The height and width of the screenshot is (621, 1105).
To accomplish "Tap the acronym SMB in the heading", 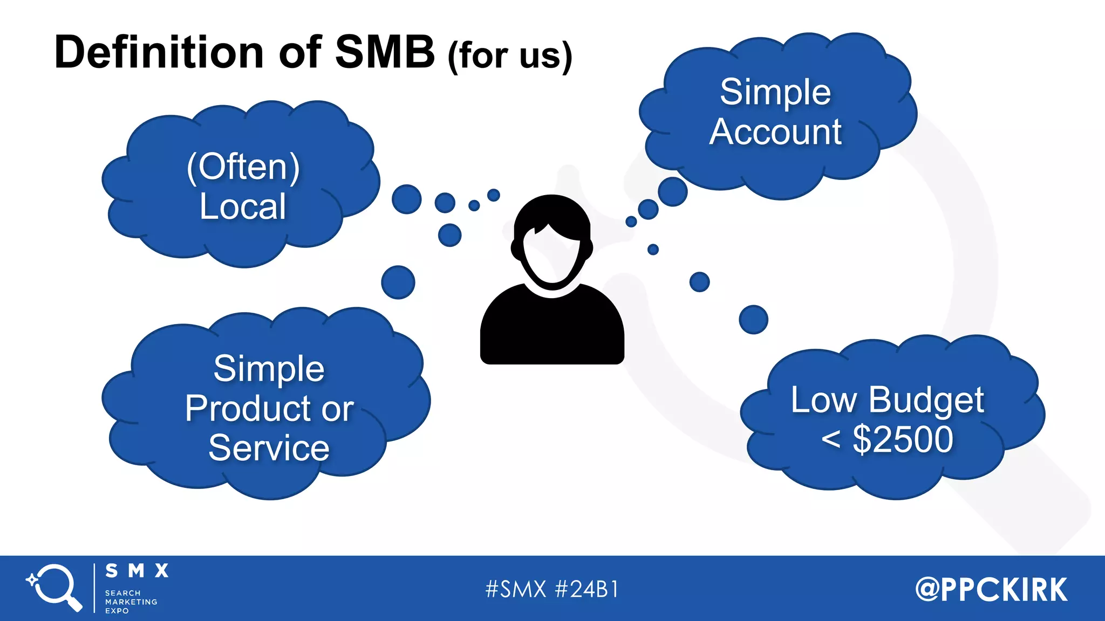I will pos(385,52).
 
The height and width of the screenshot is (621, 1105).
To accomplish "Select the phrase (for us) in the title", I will pos(510,56).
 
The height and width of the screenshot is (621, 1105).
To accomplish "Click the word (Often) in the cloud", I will pos(243,167).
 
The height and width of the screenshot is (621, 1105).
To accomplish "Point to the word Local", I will pos(243,206).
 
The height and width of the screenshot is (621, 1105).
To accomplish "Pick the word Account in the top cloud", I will pos(775,132).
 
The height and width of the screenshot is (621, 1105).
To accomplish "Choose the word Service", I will pos(269,448).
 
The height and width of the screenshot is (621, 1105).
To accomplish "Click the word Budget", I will pos(926,401).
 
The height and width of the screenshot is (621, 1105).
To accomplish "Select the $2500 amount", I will pos(903,439).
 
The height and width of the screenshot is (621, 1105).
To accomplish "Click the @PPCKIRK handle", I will pos(991,589).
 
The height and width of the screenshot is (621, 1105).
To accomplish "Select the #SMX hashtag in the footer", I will pos(516,589).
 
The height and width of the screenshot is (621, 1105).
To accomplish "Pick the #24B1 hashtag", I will pos(586,589).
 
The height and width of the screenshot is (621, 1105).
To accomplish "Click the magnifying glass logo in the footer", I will pos(54,587).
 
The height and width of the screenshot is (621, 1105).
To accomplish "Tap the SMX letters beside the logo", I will pos(137,571).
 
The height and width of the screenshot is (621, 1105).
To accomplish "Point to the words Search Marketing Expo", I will pos(131,602).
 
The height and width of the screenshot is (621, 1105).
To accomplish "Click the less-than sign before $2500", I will pos(831,439).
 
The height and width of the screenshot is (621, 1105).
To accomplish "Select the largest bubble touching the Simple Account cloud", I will pos(672,191).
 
